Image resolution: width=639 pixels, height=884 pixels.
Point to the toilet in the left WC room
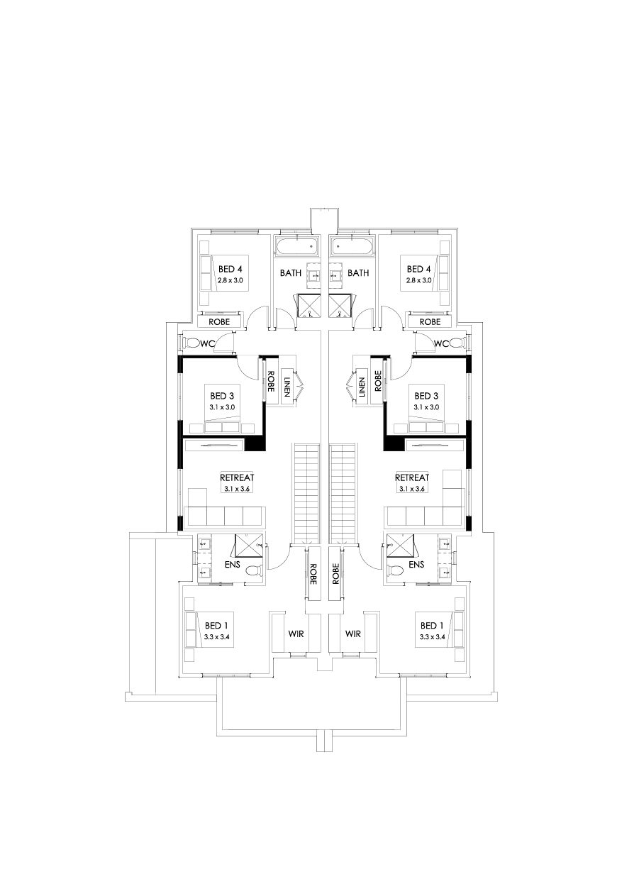point(191,343)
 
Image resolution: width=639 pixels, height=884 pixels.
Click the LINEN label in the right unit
point(361,386)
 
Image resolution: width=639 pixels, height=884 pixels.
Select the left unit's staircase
point(307,494)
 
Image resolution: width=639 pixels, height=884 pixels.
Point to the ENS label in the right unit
point(416,565)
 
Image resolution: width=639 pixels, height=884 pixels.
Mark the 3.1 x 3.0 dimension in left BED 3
point(222,407)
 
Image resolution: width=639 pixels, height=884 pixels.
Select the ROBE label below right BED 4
point(430,321)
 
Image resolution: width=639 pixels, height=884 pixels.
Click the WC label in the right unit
point(441,343)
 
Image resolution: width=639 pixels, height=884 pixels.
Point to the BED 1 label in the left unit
point(217,625)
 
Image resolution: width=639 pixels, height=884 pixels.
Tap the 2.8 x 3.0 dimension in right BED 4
point(418,280)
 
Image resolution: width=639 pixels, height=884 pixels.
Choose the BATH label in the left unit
point(291,272)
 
